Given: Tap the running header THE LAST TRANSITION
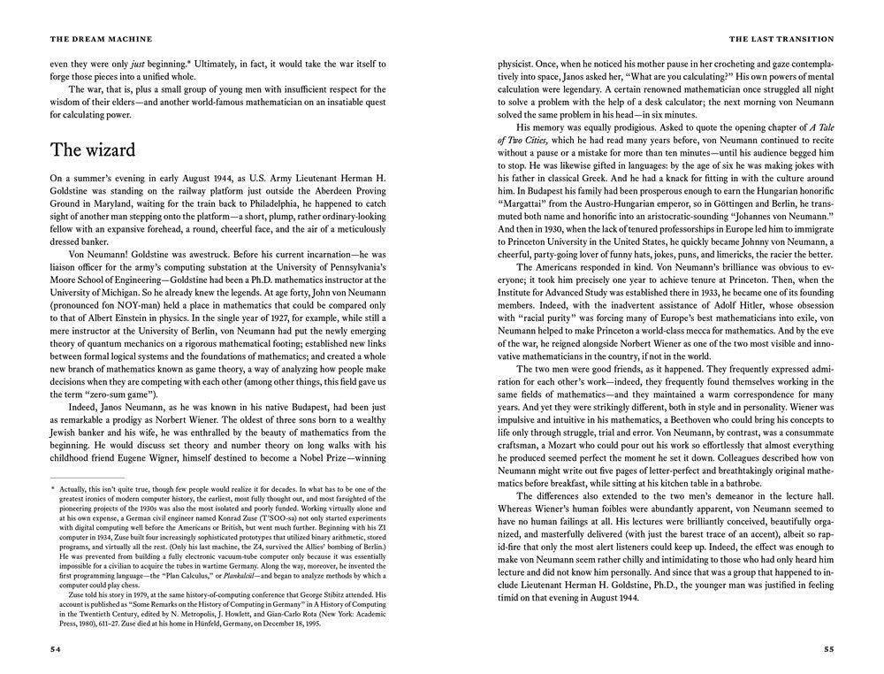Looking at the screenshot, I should pyautogui.click(x=781, y=39).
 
